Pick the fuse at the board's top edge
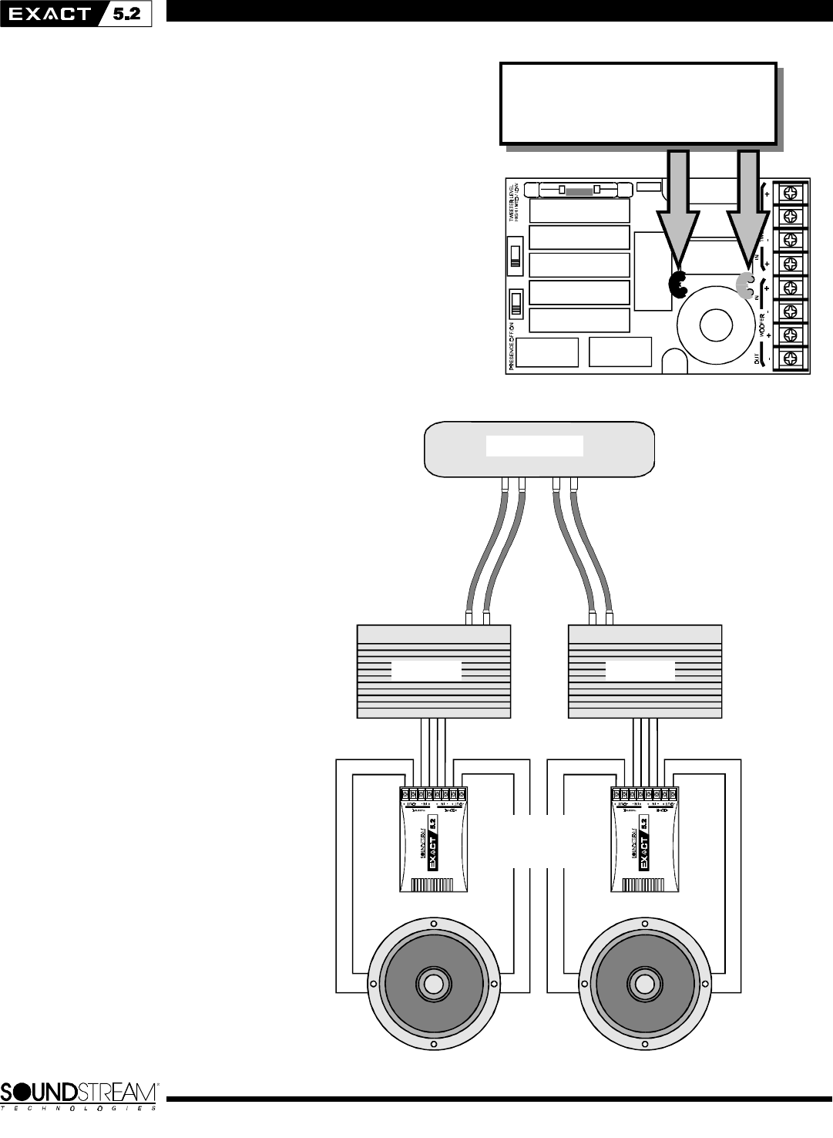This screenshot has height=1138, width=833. (579, 189)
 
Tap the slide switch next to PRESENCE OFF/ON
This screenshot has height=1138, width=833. (516, 302)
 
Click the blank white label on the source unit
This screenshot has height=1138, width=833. (535, 446)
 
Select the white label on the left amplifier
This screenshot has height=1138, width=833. (426, 671)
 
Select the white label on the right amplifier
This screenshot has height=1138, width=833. (640, 671)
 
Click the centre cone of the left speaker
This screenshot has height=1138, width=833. (432, 984)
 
